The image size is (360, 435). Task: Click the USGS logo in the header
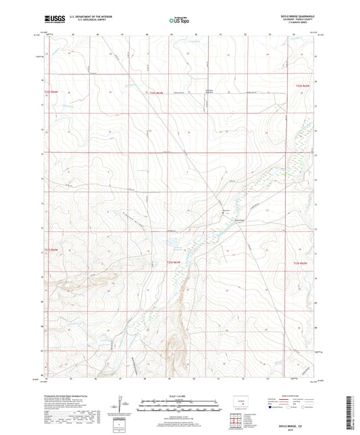tap(52, 21)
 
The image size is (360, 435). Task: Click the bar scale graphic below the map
tap(180, 407)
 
